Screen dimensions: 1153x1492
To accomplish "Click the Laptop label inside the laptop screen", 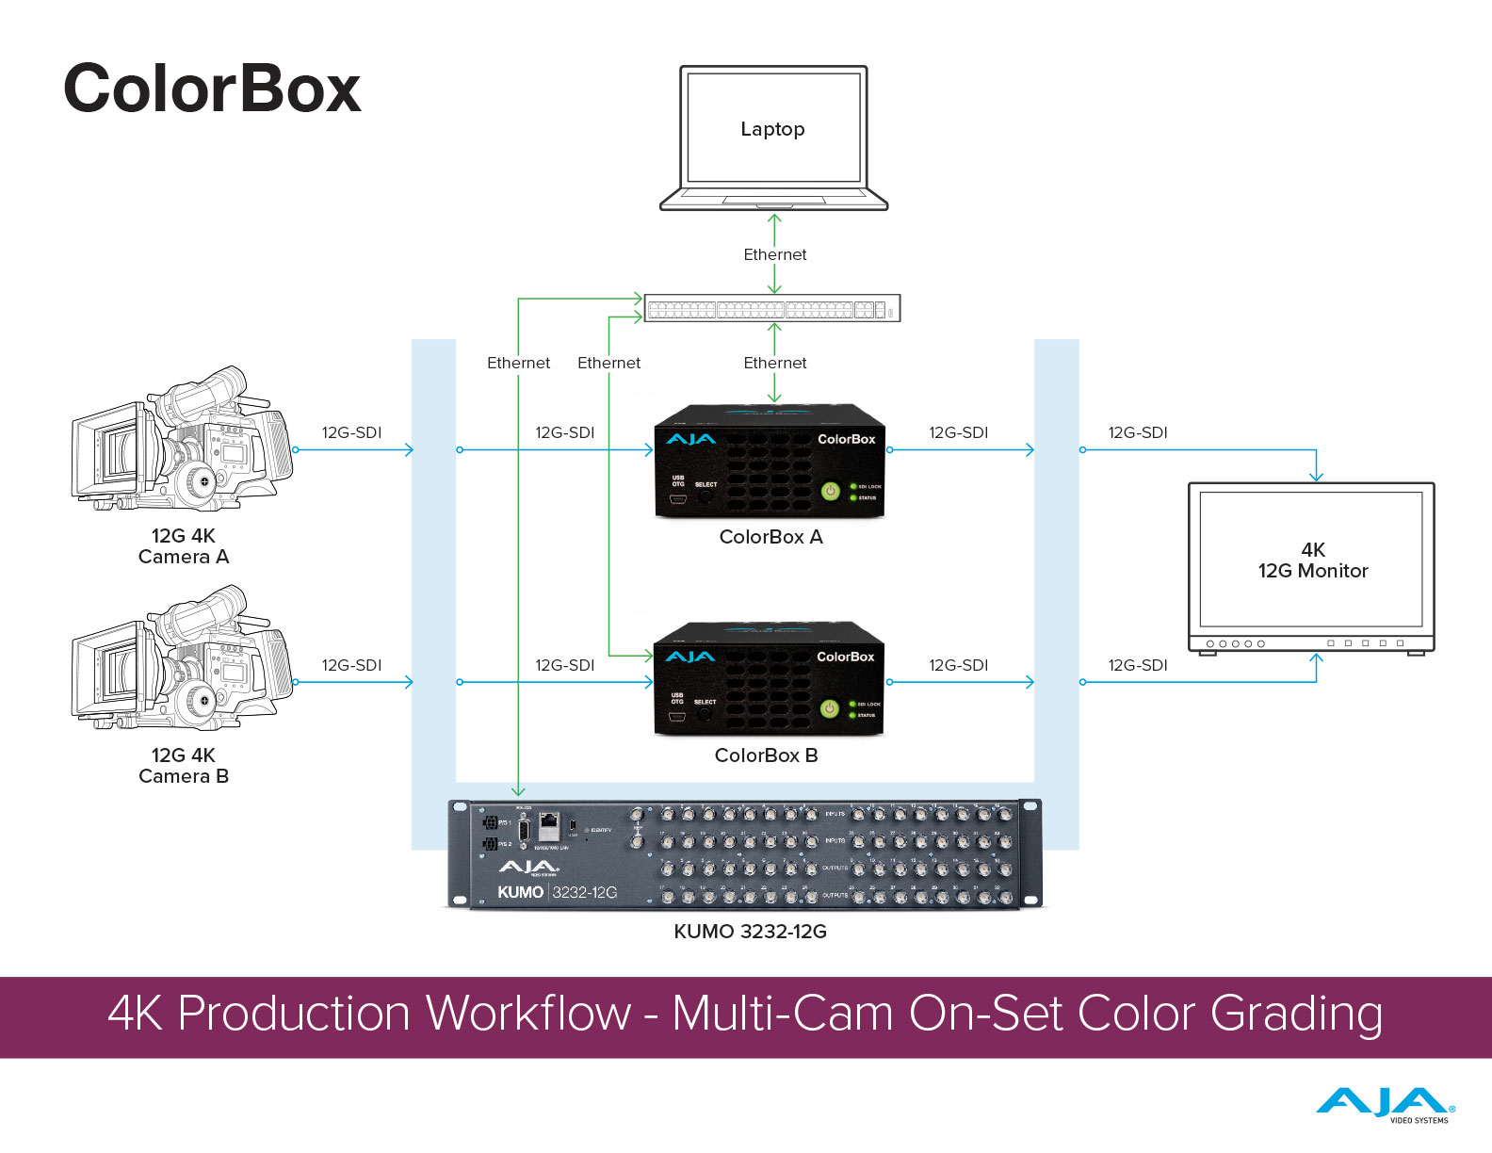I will pyautogui.click(x=772, y=129).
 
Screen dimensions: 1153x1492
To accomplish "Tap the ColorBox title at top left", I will pyautogui.click(x=212, y=89).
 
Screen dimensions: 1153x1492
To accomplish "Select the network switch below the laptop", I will pyautogui.click(x=771, y=308).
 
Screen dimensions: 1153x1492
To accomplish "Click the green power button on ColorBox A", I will pyautogui.click(x=830, y=491).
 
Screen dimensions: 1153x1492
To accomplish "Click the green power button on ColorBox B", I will pyautogui.click(x=829, y=708).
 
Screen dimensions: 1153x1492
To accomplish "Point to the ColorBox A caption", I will pyautogui.click(x=770, y=537).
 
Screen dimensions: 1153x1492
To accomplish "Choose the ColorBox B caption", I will pyautogui.click(x=766, y=755).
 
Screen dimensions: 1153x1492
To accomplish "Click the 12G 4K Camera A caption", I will pyautogui.click(x=184, y=546).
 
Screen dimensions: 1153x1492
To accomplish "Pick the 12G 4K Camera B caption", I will pyautogui.click(x=184, y=766).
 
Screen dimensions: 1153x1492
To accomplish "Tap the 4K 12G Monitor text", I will pyautogui.click(x=1312, y=560).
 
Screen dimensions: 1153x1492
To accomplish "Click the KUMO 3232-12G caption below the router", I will pyautogui.click(x=750, y=932).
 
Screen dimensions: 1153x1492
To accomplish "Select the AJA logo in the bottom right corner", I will pyautogui.click(x=1385, y=1104).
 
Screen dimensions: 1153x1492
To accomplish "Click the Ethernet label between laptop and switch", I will pyautogui.click(x=774, y=254).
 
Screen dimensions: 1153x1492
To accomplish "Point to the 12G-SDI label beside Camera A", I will pyautogui.click(x=351, y=432).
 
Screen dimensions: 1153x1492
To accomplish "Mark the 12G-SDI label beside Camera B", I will pyautogui.click(x=351, y=665).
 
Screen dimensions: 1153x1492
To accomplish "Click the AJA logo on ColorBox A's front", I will pyautogui.click(x=690, y=439).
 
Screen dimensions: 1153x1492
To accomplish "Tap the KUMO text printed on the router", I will pyautogui.click(x=520, y=892).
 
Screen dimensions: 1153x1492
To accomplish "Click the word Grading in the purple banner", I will pyautogui.click(x=1296, y=1015).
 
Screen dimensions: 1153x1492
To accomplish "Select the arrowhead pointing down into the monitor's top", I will pyautogui.click(x=1316, y=477).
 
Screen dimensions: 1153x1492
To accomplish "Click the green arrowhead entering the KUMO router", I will pyautogui.click(x=518, y=791).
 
